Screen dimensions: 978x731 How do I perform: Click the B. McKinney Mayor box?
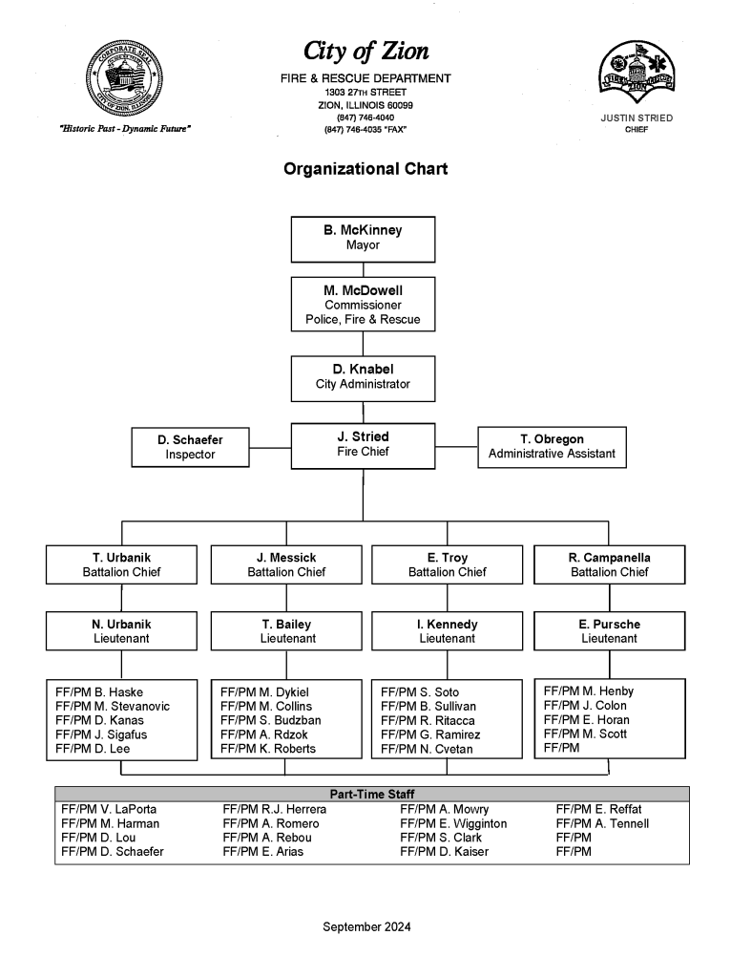(363, 239)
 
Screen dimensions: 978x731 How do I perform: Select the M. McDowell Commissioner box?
(363, 304)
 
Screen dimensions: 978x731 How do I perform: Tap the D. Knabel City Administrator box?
(363, 377)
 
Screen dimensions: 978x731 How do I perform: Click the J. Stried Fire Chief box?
(363, 445)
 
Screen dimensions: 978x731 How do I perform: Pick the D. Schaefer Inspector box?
(190, 447)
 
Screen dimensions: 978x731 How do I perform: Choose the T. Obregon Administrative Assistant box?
(552, 447)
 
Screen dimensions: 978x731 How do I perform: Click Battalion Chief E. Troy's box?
(447, 564)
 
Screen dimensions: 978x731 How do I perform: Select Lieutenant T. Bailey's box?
(286, 631)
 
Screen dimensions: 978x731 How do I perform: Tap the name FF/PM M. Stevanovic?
(113, 706)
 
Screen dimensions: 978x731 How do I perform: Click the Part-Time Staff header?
(371, 794)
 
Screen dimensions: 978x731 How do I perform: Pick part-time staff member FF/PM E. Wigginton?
(453, 823)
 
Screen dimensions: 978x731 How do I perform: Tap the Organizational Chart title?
(365, 170)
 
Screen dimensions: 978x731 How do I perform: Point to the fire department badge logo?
(636, 74)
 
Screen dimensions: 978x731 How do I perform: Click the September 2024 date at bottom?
(366, 926)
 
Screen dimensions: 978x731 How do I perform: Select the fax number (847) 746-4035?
(365, 129)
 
